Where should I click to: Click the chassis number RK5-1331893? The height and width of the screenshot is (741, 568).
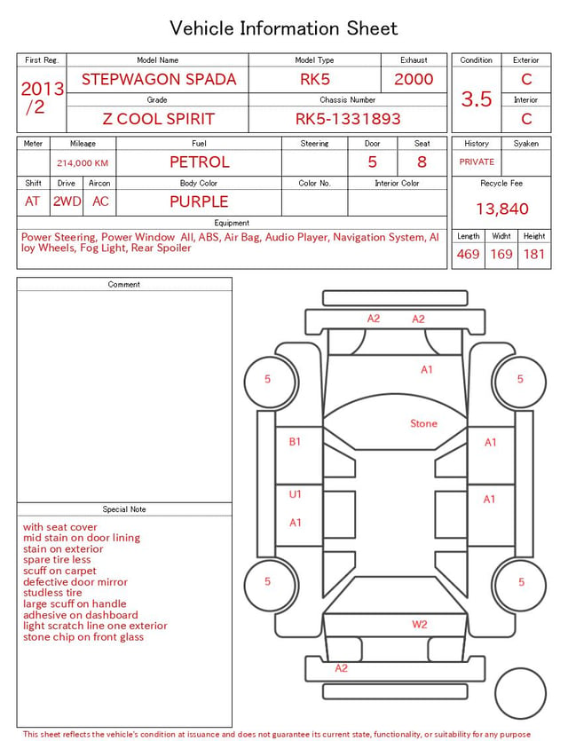[x=348, y=119]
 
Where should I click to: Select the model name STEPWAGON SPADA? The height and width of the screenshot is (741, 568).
[x=159, y=79]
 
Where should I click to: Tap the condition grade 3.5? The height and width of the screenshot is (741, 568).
[x=477, y=99]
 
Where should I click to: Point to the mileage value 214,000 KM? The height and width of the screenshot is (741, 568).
[x=83, y=163]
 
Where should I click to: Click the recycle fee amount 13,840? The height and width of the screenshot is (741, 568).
[x=502, y=209]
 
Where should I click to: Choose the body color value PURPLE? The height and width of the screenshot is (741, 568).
[x=199, y=201]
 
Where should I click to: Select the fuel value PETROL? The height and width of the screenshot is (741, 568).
[x=200, y=162]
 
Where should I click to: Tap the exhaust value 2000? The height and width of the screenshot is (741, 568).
[x=414, y=79]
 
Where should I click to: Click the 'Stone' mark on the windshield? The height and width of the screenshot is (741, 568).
[x=423, y=423]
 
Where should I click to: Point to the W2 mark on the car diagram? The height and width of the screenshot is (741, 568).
[x=420, y=624]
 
